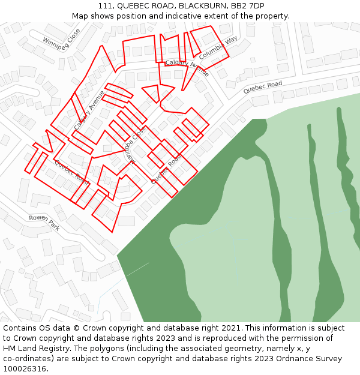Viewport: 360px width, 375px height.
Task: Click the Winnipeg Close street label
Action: click(x=61, y=40)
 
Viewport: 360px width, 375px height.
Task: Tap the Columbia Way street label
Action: click(x=218, y=47)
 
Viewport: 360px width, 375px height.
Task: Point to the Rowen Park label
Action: click(x=44, y=223)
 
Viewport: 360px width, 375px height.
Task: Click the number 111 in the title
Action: click(x=105, y=5)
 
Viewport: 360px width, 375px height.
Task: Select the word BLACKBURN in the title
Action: click(x=203, y=5)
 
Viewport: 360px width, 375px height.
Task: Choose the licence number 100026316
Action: click(x=25, y=369)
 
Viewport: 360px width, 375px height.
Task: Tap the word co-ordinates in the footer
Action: click(x=27, y=359)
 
